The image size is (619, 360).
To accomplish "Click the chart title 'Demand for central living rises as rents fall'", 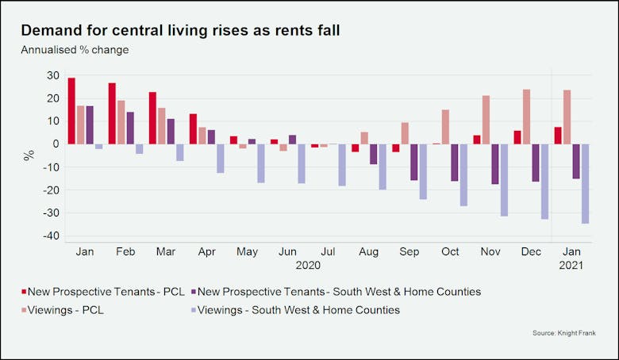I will pyautogui.click(x=180, y=30).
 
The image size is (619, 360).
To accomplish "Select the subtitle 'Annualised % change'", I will pyautogui.click(x=75, y=50).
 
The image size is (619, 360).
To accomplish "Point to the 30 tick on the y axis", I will pyautogui.click(x=52, y=75).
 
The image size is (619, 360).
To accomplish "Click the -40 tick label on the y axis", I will pyautogui.click(x=50, y=236).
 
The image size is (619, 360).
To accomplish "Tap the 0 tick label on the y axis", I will pyautogui.click(x=56, y=144).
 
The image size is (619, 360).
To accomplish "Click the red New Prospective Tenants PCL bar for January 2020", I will pyautogui.click(x=71, y=111).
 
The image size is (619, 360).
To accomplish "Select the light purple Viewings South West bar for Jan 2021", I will pyautogui.click(x=585, y=183).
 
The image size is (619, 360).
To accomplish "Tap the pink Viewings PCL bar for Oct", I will pyautogui.click(x=445, y=127).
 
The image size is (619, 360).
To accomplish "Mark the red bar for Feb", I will pyautogui.click(x=112, y=113).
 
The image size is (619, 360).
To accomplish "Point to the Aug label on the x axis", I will pyautogui.click(x=368, y=251).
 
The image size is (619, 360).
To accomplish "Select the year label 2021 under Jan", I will pyautogui.click(x=571, y=266).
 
